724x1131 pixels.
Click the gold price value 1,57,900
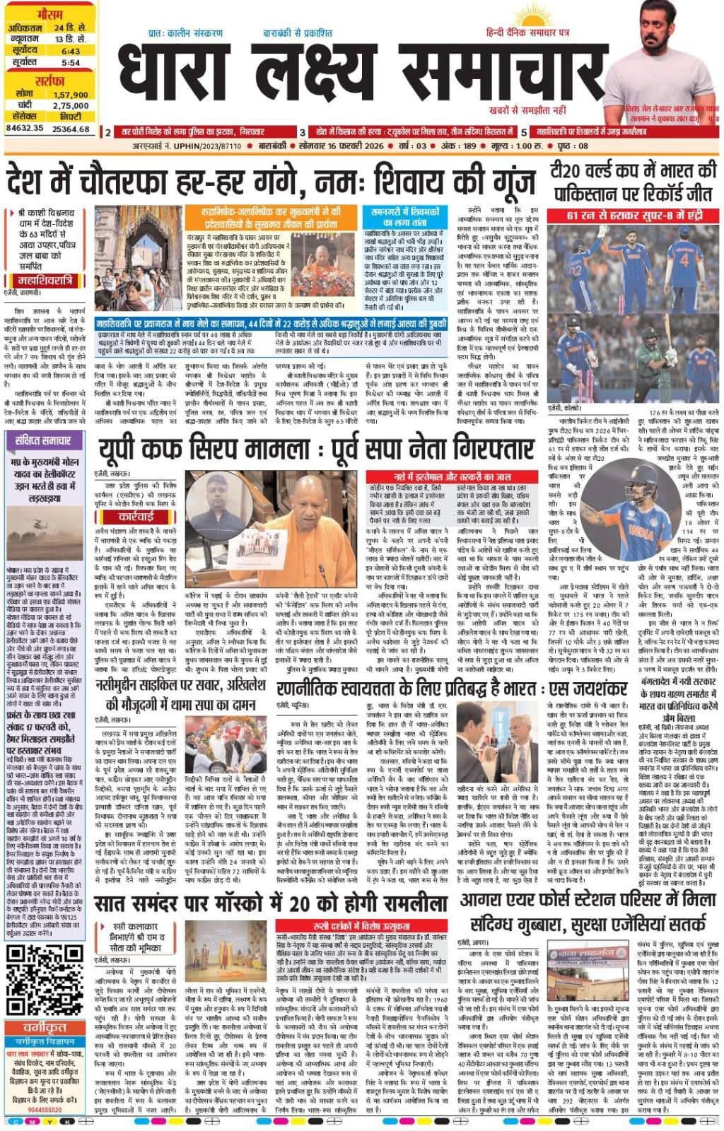click(69, 94)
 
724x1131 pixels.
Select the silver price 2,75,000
click(69, 105)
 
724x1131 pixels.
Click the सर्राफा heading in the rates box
click(47, 81)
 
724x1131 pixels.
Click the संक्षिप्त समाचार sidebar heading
click(43, 440)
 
